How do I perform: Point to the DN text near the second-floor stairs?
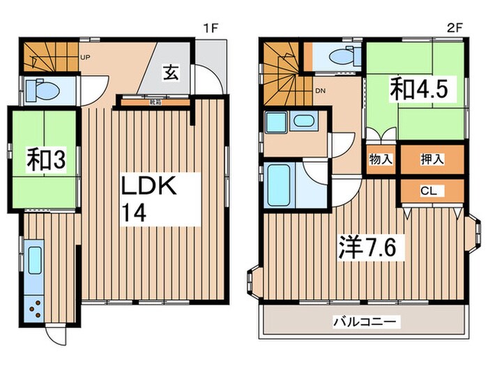320,91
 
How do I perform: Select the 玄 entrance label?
170,71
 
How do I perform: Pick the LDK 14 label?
152,199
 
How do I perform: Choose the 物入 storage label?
380,159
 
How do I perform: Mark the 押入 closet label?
432,159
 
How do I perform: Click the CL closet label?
432,190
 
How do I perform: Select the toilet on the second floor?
337,56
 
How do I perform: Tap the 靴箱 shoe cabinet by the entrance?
155,102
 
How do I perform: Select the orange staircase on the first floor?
47,56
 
